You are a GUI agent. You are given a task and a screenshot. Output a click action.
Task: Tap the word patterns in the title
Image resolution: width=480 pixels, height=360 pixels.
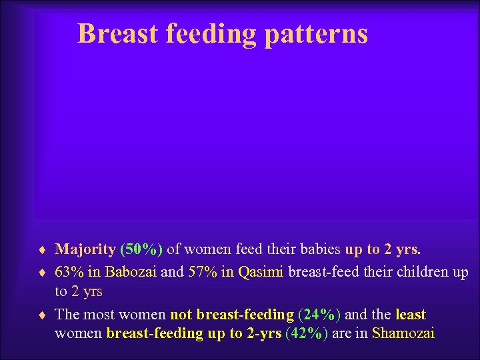316,34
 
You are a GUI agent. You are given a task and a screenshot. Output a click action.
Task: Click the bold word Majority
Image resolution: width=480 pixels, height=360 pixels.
85,250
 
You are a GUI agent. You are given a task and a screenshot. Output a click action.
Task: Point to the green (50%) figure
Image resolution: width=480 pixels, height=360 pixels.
141,250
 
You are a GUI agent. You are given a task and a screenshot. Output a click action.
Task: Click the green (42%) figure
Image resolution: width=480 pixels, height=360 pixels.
306,333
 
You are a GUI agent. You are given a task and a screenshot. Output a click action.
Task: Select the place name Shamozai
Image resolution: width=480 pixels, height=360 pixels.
403,333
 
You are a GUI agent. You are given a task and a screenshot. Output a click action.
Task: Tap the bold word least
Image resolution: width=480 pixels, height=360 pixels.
411,314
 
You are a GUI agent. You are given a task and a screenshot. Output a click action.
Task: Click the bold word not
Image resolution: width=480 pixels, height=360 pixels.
182,314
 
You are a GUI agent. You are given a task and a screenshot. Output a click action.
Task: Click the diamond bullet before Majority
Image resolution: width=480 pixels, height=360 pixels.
43,251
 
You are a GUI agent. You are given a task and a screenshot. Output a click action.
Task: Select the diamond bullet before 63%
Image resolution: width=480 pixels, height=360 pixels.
43,272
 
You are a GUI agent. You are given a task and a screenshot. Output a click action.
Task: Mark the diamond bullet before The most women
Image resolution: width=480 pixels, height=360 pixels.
43,315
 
